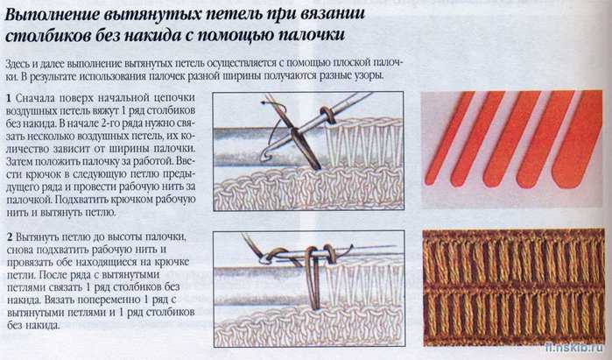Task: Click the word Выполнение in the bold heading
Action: coord(52,15)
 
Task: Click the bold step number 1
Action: coord(9,98)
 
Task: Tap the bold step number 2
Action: coord(10,237)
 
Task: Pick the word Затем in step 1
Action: coord(19,161)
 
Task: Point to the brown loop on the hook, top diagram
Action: coord(328,115)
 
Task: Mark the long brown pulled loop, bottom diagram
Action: coord(313,278)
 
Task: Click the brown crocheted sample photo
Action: coord(513,287)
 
